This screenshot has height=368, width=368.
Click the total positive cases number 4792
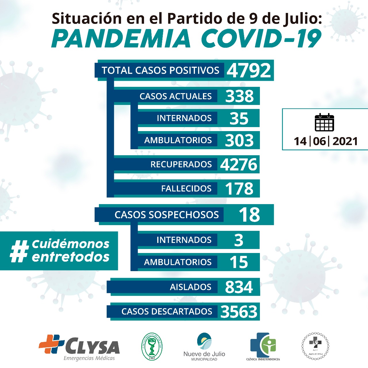point(249,70)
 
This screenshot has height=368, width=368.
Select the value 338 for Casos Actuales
point(239,96)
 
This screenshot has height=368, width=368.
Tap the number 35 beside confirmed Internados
point(239,118)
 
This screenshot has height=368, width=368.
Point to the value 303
point(239,140)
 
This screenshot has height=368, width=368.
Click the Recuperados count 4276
point(239,164)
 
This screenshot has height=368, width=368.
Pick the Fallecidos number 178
point(239,189)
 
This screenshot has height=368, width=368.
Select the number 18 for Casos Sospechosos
point(249,215)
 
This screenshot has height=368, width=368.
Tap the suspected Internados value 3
point(239,240)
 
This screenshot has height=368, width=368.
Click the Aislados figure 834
point(239,287)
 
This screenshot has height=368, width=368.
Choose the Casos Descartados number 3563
point(239,312)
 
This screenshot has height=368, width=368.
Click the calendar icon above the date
point(324,122)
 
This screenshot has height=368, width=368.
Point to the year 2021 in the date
point(345,141)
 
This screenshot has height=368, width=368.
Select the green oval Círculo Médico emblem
point(152,346)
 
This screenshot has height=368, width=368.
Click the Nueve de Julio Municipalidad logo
point(204,346)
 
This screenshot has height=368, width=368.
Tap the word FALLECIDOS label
point(186,189)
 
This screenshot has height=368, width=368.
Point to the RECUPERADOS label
point(181,164)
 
